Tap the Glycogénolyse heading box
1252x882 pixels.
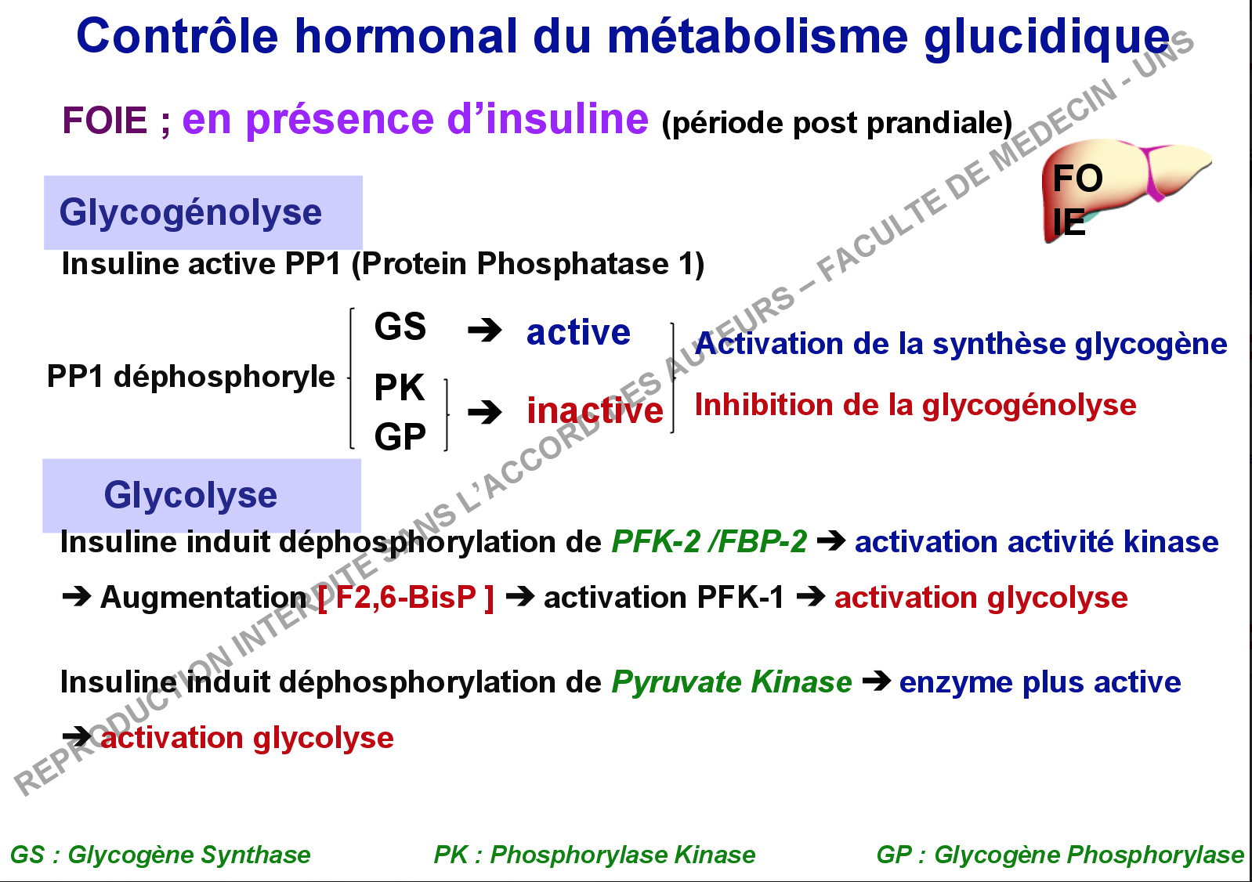click(x=203, y=212)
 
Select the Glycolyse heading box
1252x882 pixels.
click(x=202, y=495)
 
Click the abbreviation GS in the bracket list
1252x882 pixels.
click(x=400, y=327)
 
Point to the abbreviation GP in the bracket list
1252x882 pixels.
click(x=400, y=436)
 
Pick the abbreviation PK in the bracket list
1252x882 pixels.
click(x=400, y=387)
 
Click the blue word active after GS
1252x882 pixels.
click(x=578, y=332)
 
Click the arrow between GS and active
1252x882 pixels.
click(x=485, y=330)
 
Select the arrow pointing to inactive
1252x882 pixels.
click(x=485, y=413)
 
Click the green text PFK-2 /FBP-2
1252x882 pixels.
click(x=709, y=541)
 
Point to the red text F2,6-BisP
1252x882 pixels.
click(x=406, y=597)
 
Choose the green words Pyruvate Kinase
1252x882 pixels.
click(x=732, y=682)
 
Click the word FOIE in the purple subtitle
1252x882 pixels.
click(x=104, y=120)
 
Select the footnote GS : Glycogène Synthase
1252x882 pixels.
click(x=161, y=855)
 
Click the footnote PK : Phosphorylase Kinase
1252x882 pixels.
click(x=595, y=855)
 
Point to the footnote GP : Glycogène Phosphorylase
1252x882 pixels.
click(x=1060, y=855)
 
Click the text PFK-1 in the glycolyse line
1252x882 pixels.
click(x=740, y=597)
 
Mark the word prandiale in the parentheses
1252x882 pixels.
click(x=939, y=122)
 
